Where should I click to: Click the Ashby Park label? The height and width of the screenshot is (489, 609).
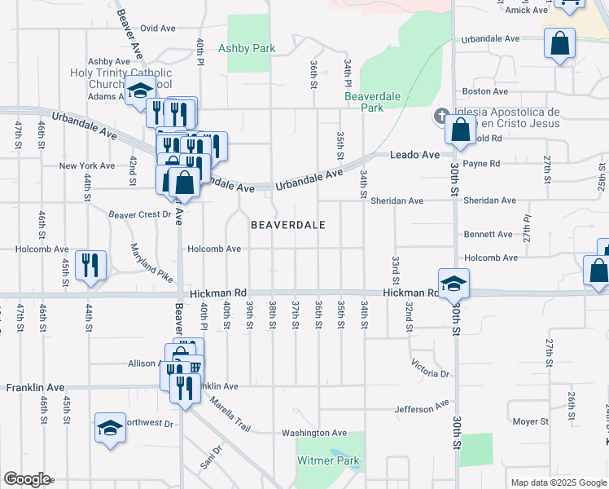click(247, 48)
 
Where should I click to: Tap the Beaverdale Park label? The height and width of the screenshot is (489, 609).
click(364, 102)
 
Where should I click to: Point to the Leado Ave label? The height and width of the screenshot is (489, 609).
click(414, 155)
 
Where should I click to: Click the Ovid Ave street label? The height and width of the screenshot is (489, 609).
click(159, 28)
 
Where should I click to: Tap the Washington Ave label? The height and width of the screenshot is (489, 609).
click(314, 433)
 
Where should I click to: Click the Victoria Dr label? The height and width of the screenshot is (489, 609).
click(431, 368)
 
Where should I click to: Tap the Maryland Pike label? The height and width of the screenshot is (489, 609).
click(151, 263)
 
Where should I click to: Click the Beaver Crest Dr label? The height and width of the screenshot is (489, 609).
click(142, 215)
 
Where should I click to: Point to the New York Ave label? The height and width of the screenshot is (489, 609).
click(87, 165)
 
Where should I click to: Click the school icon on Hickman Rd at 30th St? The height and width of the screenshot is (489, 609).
click(453, 284)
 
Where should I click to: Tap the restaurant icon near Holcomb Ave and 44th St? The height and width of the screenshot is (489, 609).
click(90, 265)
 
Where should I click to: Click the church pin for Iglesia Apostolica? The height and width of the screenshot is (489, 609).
click(442, 116)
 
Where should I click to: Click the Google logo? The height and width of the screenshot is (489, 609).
click(27, 479)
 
